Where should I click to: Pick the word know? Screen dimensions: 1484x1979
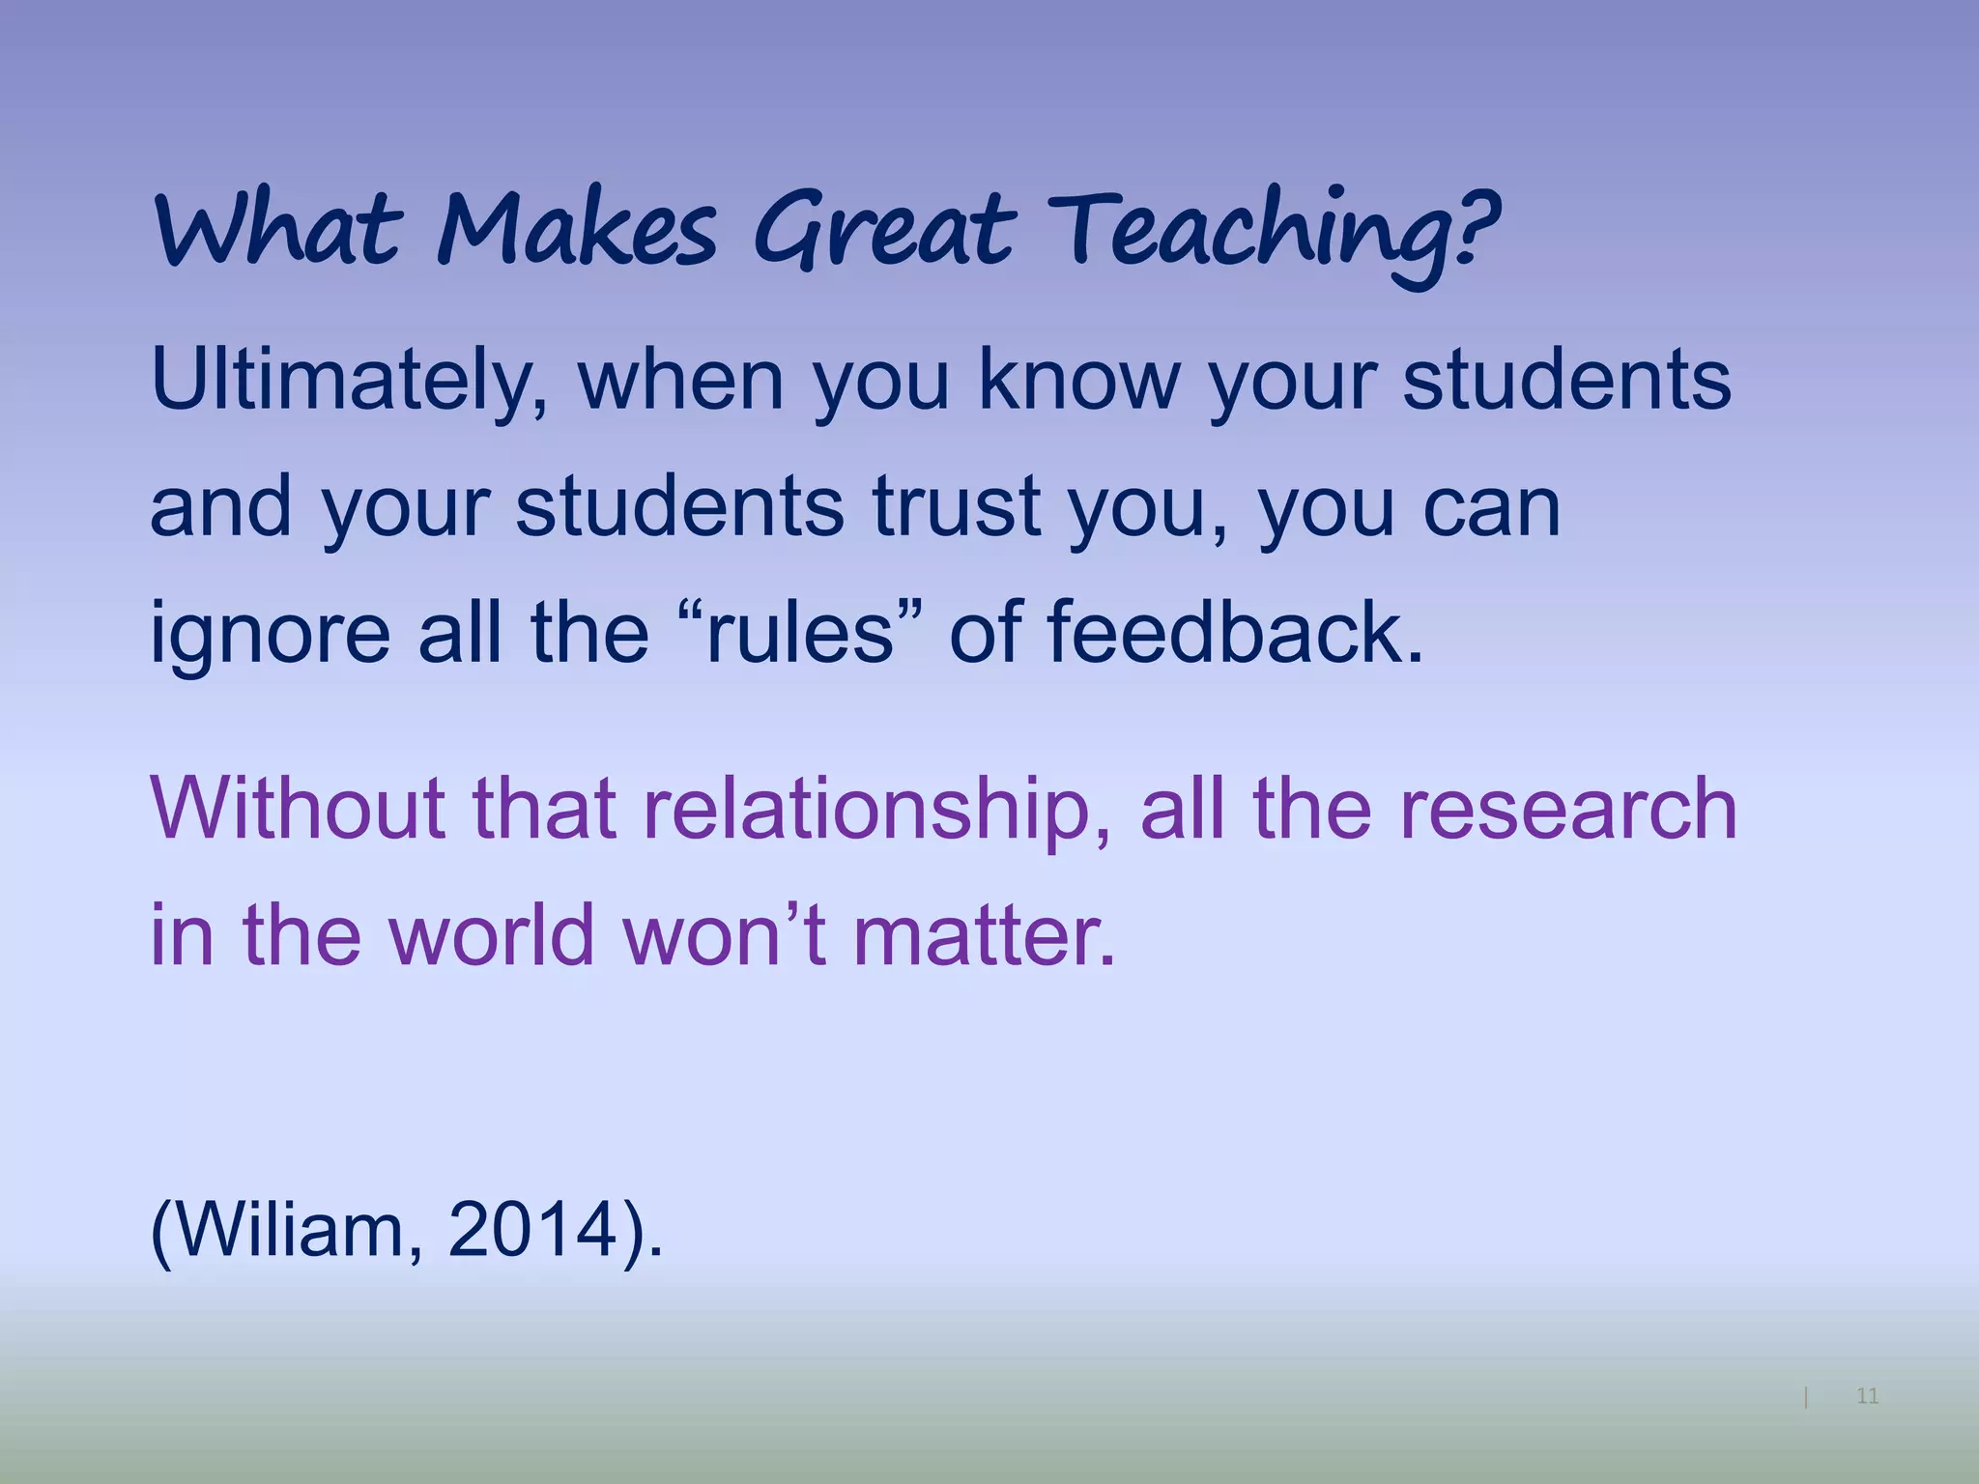click(1078, 380)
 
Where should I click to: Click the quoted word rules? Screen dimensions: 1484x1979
click(800, 634)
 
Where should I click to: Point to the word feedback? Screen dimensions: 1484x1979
click(1234, 632)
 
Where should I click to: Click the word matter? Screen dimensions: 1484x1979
click(983, 934)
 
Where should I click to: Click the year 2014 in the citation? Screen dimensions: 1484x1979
click(532, 1231)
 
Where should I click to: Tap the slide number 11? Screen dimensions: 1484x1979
click(1867, 1396)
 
